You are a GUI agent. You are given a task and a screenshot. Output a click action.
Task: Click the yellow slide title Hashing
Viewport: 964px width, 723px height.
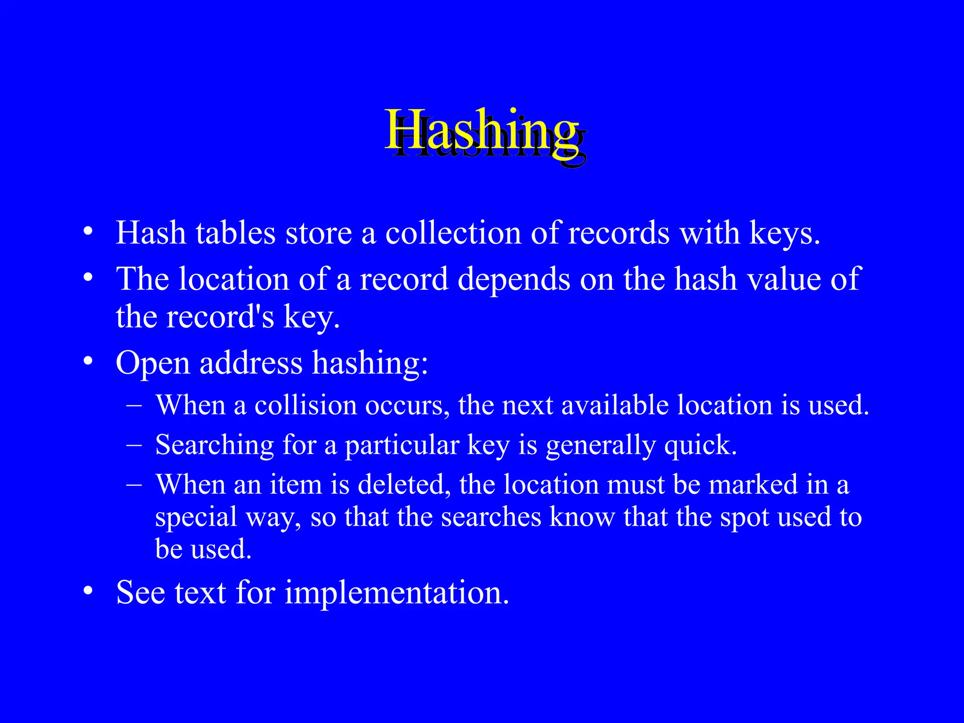point(482,130)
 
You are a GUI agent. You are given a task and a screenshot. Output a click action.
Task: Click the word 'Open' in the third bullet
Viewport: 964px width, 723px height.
point(153,363)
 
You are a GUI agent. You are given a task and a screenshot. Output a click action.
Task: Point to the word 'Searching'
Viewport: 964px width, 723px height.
point(215,445)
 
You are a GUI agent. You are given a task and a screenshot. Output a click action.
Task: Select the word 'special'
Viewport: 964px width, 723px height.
point(196,517)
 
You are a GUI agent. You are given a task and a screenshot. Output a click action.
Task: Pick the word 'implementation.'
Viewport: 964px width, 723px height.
point(397,592)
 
